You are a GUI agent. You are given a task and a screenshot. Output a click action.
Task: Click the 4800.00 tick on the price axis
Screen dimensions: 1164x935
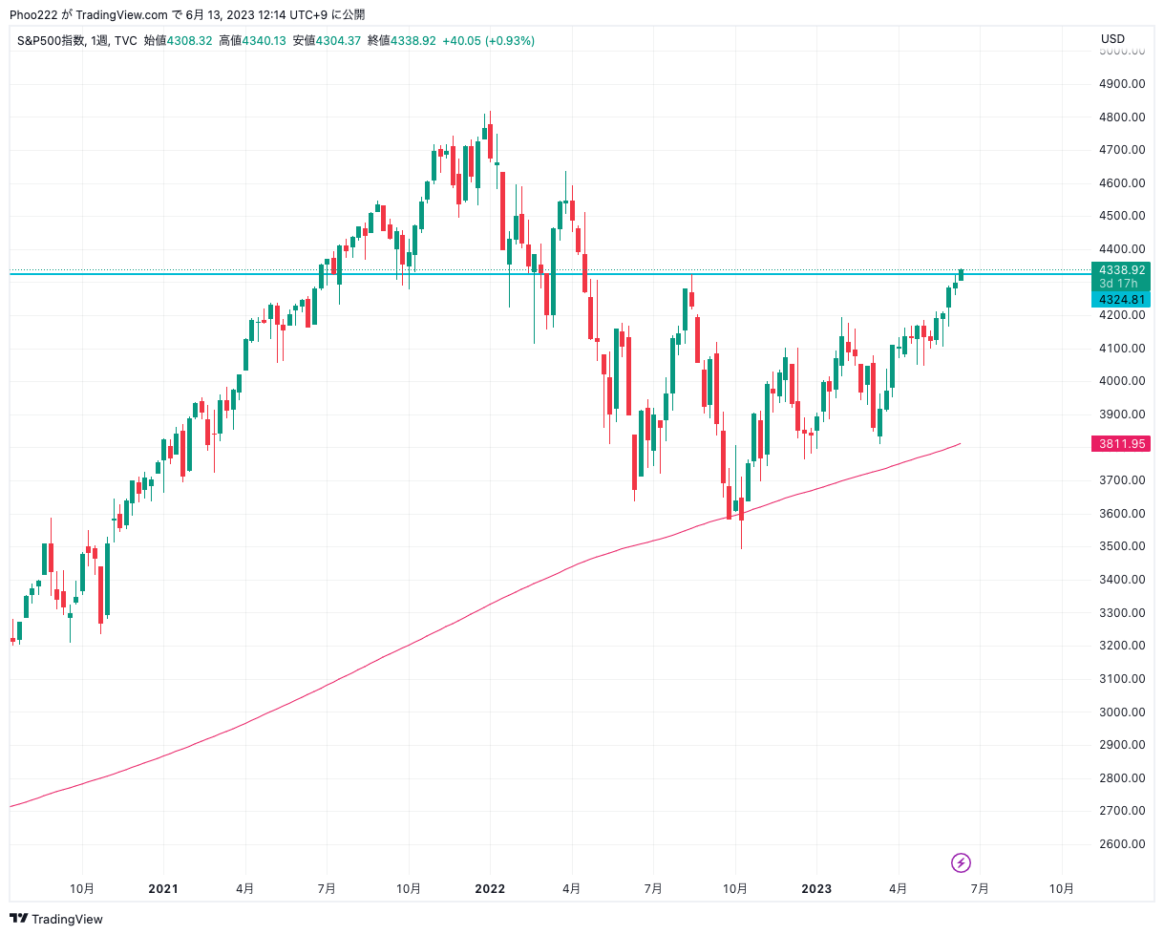click(x=1121, y=117)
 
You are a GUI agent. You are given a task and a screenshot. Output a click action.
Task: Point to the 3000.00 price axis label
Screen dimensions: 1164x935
click(x=1121, y=712)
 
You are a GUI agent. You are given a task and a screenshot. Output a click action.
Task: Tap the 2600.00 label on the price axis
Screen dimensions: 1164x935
click(x=1121, y=843)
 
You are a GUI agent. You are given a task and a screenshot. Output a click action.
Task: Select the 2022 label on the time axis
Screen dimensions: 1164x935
click(x=490, y=888)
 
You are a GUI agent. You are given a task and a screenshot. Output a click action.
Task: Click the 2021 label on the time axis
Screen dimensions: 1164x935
click(x=163, y=888)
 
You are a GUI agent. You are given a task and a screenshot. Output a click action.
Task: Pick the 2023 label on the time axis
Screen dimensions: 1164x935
click(x=815, y=888)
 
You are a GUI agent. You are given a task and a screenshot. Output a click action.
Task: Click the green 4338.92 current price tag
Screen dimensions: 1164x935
click(x=1121, y=269)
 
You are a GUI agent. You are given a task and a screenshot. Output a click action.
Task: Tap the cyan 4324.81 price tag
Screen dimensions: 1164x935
click(x=1121, y=299)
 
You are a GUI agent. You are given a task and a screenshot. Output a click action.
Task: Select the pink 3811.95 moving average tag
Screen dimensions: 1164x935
click(x=1121, y=444)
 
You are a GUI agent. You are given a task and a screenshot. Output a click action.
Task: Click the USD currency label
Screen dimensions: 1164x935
click(x=1112, y=39)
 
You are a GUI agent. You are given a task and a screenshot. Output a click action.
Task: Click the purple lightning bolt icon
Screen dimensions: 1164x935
click(x=961, y=862)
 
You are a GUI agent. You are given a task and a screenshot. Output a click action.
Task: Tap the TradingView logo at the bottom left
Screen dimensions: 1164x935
click(x=56, y=919)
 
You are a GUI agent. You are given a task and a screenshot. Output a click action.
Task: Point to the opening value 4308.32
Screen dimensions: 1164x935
click(x=189, y=40)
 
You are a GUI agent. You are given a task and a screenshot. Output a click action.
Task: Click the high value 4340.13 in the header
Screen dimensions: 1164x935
click(x=264, y=40)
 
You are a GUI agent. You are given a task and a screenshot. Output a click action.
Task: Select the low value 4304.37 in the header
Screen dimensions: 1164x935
click(x=338, y=40)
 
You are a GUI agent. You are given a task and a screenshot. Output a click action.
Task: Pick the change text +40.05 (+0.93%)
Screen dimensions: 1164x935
click(x=488, y=40)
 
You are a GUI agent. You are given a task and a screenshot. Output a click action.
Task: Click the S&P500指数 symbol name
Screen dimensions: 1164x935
click(x=51, y=40)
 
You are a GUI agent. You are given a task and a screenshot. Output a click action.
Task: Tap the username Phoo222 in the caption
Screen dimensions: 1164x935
click(x=33, y=14)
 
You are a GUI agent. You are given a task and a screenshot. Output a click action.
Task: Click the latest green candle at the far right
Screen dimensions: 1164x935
click(x=962, y=275)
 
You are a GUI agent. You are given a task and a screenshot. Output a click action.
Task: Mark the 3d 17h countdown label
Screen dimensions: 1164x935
click(x=1117, y=283)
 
